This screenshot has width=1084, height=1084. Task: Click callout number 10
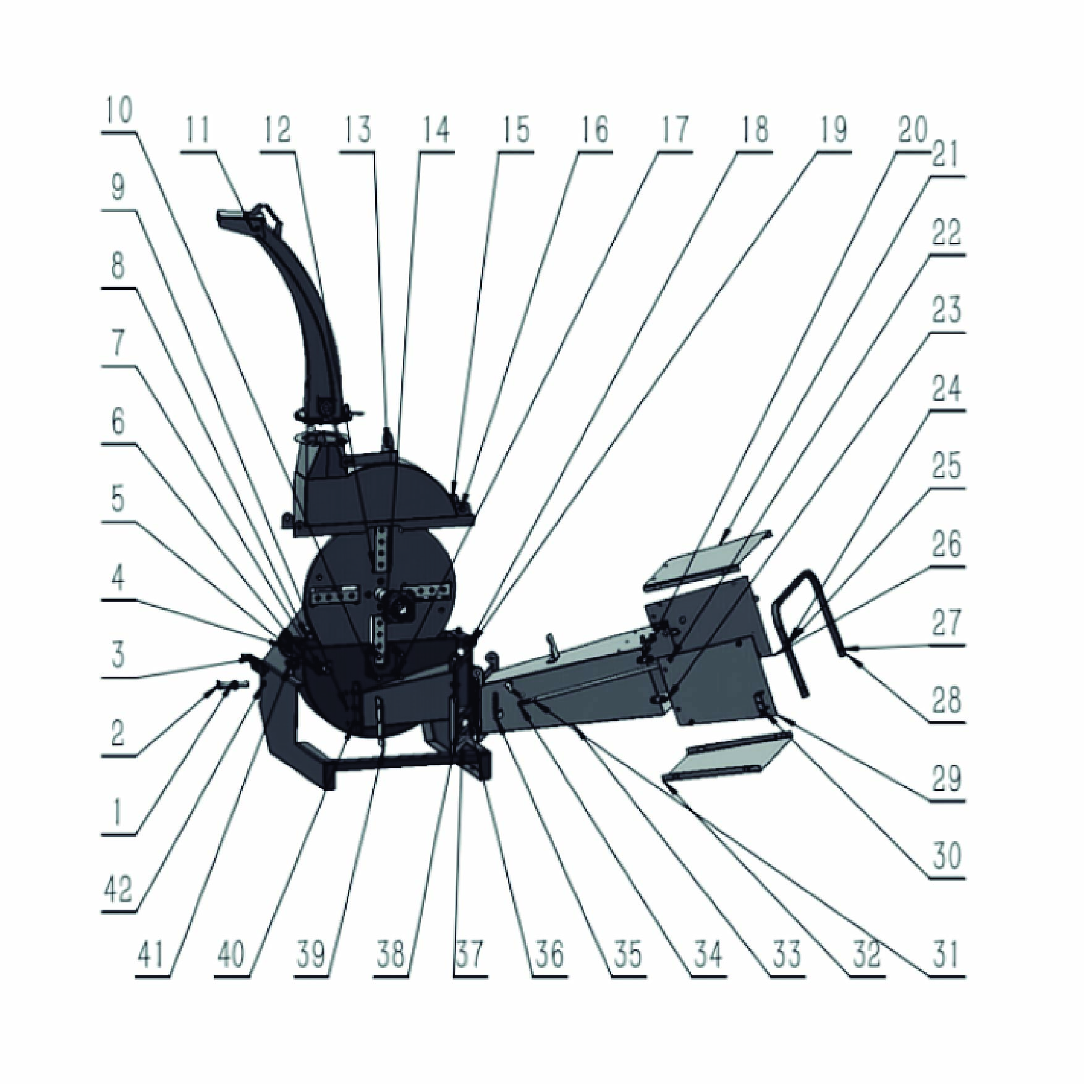pyautogui.click(x=119, y=111)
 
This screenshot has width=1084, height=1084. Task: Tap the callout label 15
pyautogui.click(x=515, y=130)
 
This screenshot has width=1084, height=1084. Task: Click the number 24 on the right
pyautogui.click(x=946, y=389)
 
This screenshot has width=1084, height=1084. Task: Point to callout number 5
pyautogui.click(x=119, y=500)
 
